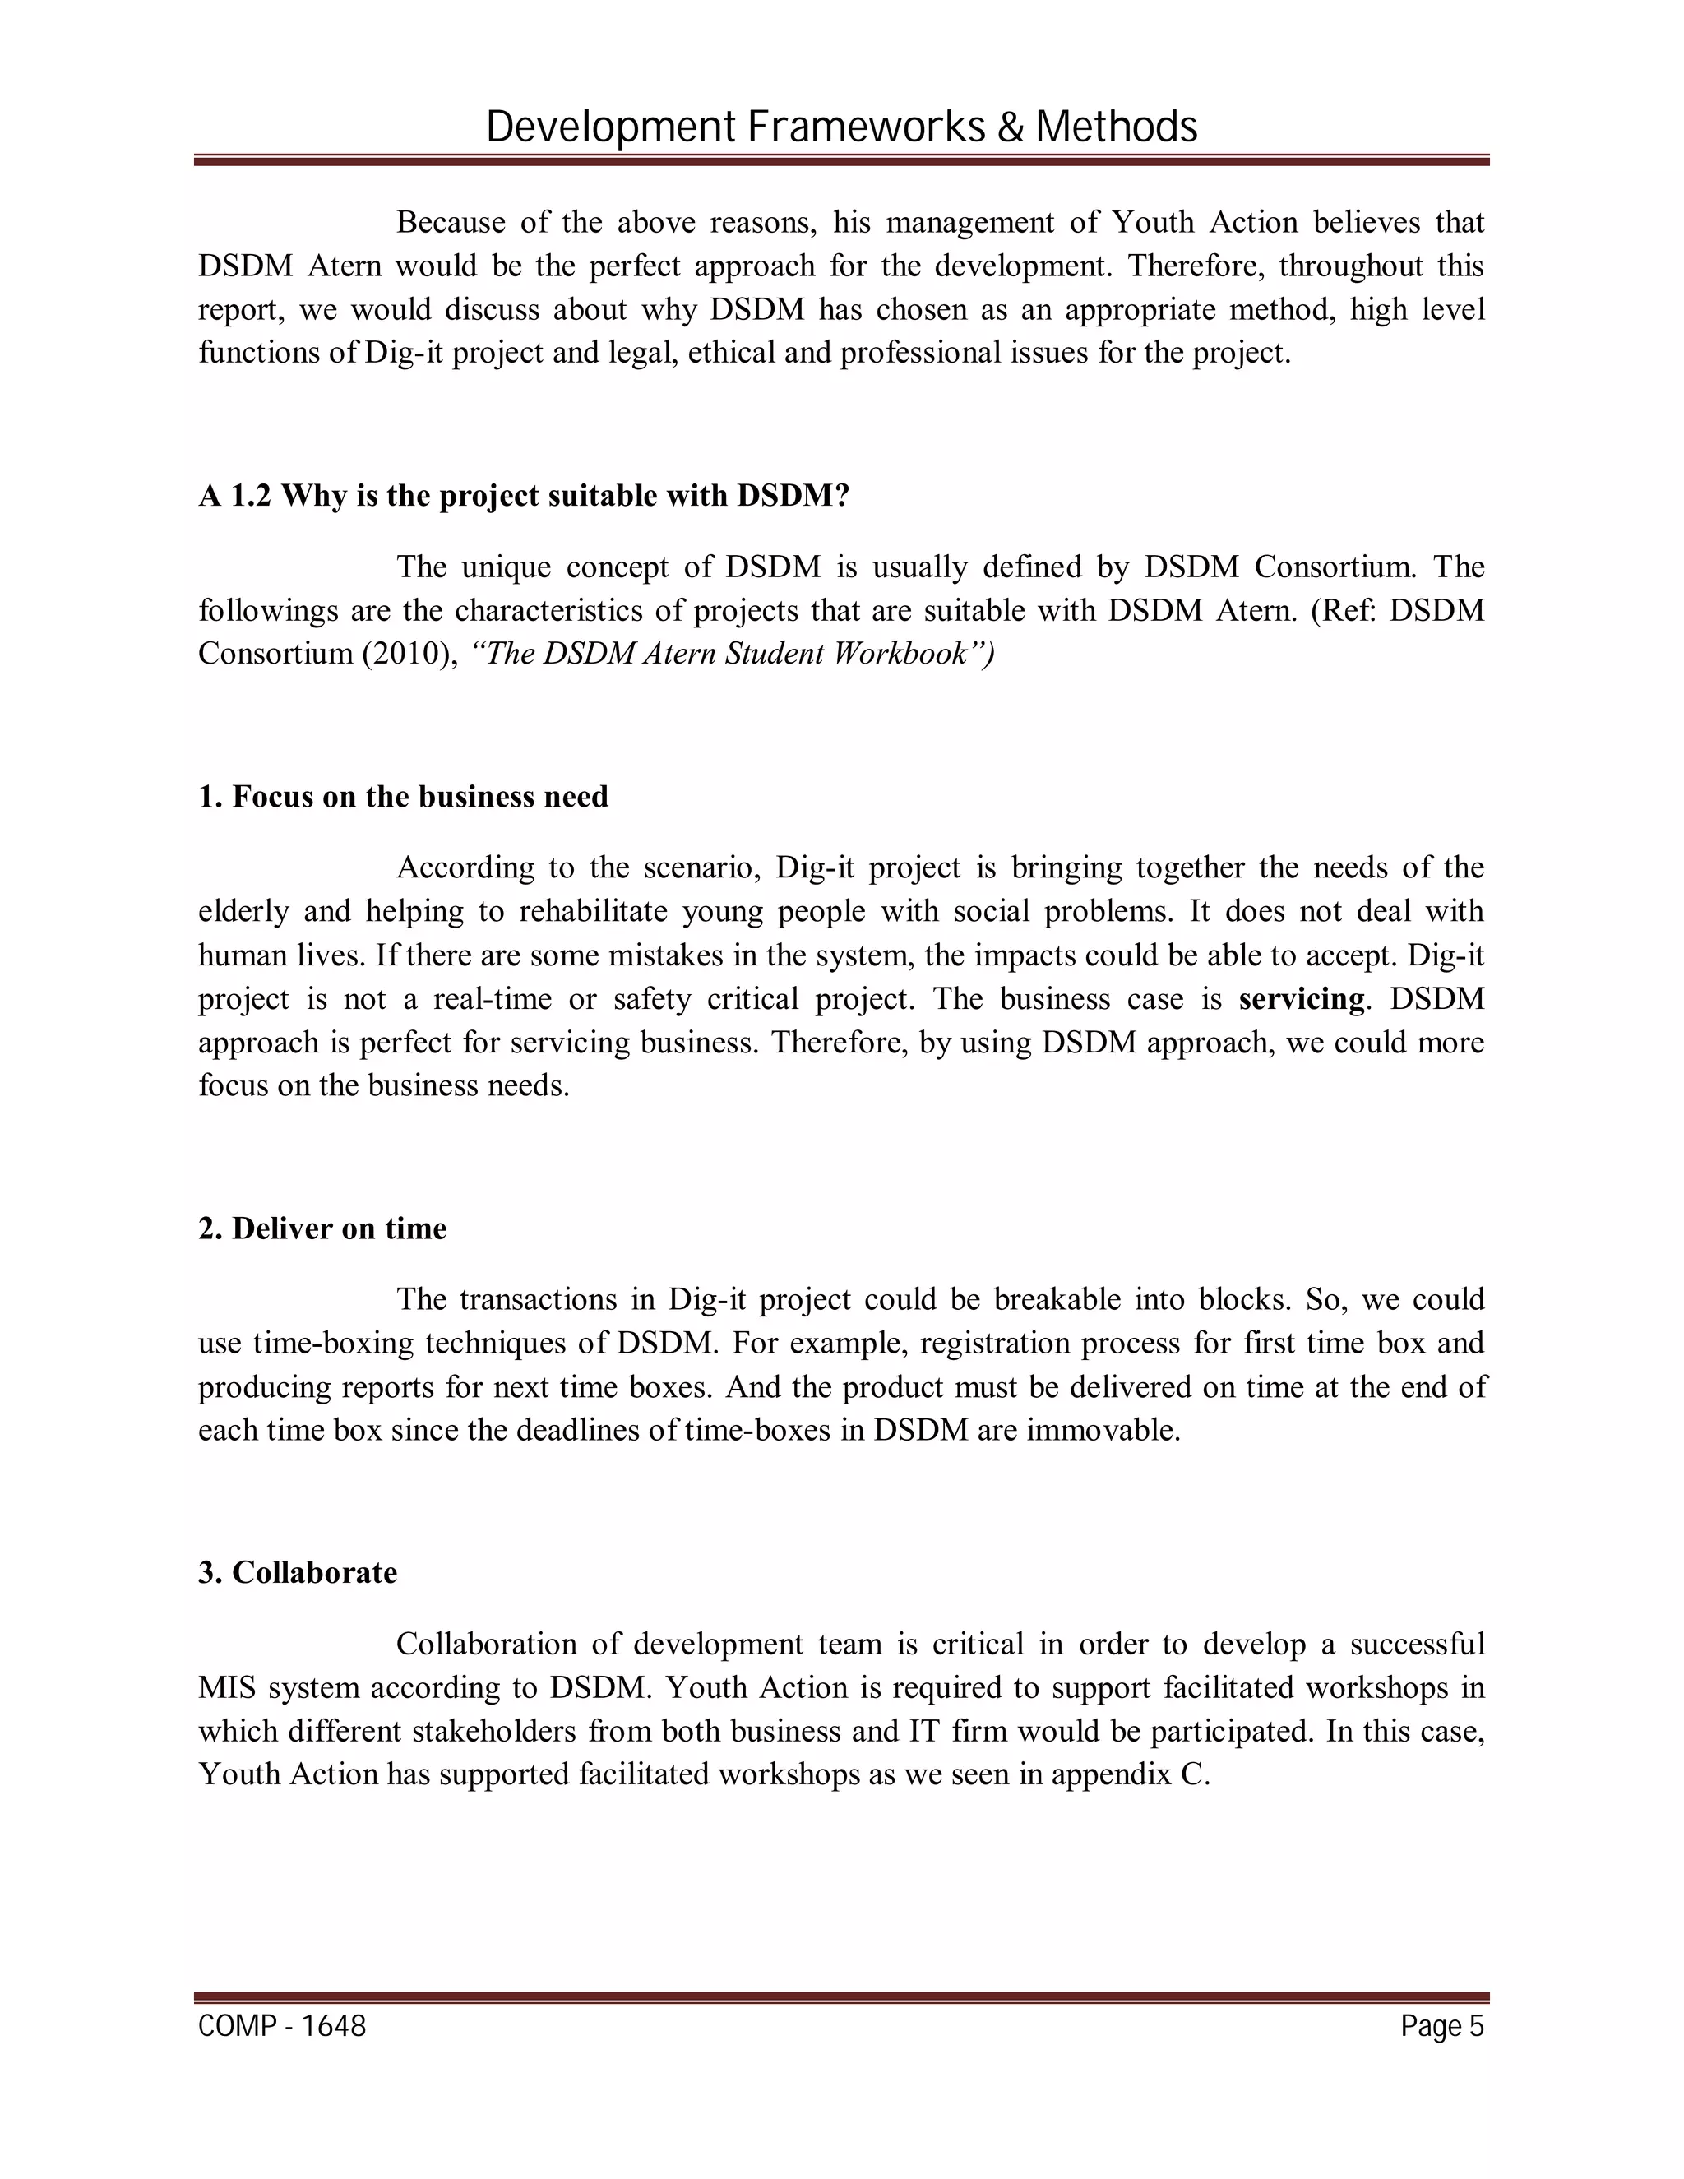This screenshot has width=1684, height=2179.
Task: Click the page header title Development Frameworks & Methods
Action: coord(841,127)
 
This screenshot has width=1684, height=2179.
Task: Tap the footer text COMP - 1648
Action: coord(282,2025)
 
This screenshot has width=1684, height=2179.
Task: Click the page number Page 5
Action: coord(1441,2025)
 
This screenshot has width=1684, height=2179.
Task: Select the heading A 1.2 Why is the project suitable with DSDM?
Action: coord(523,496)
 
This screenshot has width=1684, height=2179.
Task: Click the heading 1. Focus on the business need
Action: coord(403,796)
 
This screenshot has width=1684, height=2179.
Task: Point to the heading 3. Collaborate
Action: coord(298,1572)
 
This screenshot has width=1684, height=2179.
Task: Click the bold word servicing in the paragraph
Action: coord(1301,999)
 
